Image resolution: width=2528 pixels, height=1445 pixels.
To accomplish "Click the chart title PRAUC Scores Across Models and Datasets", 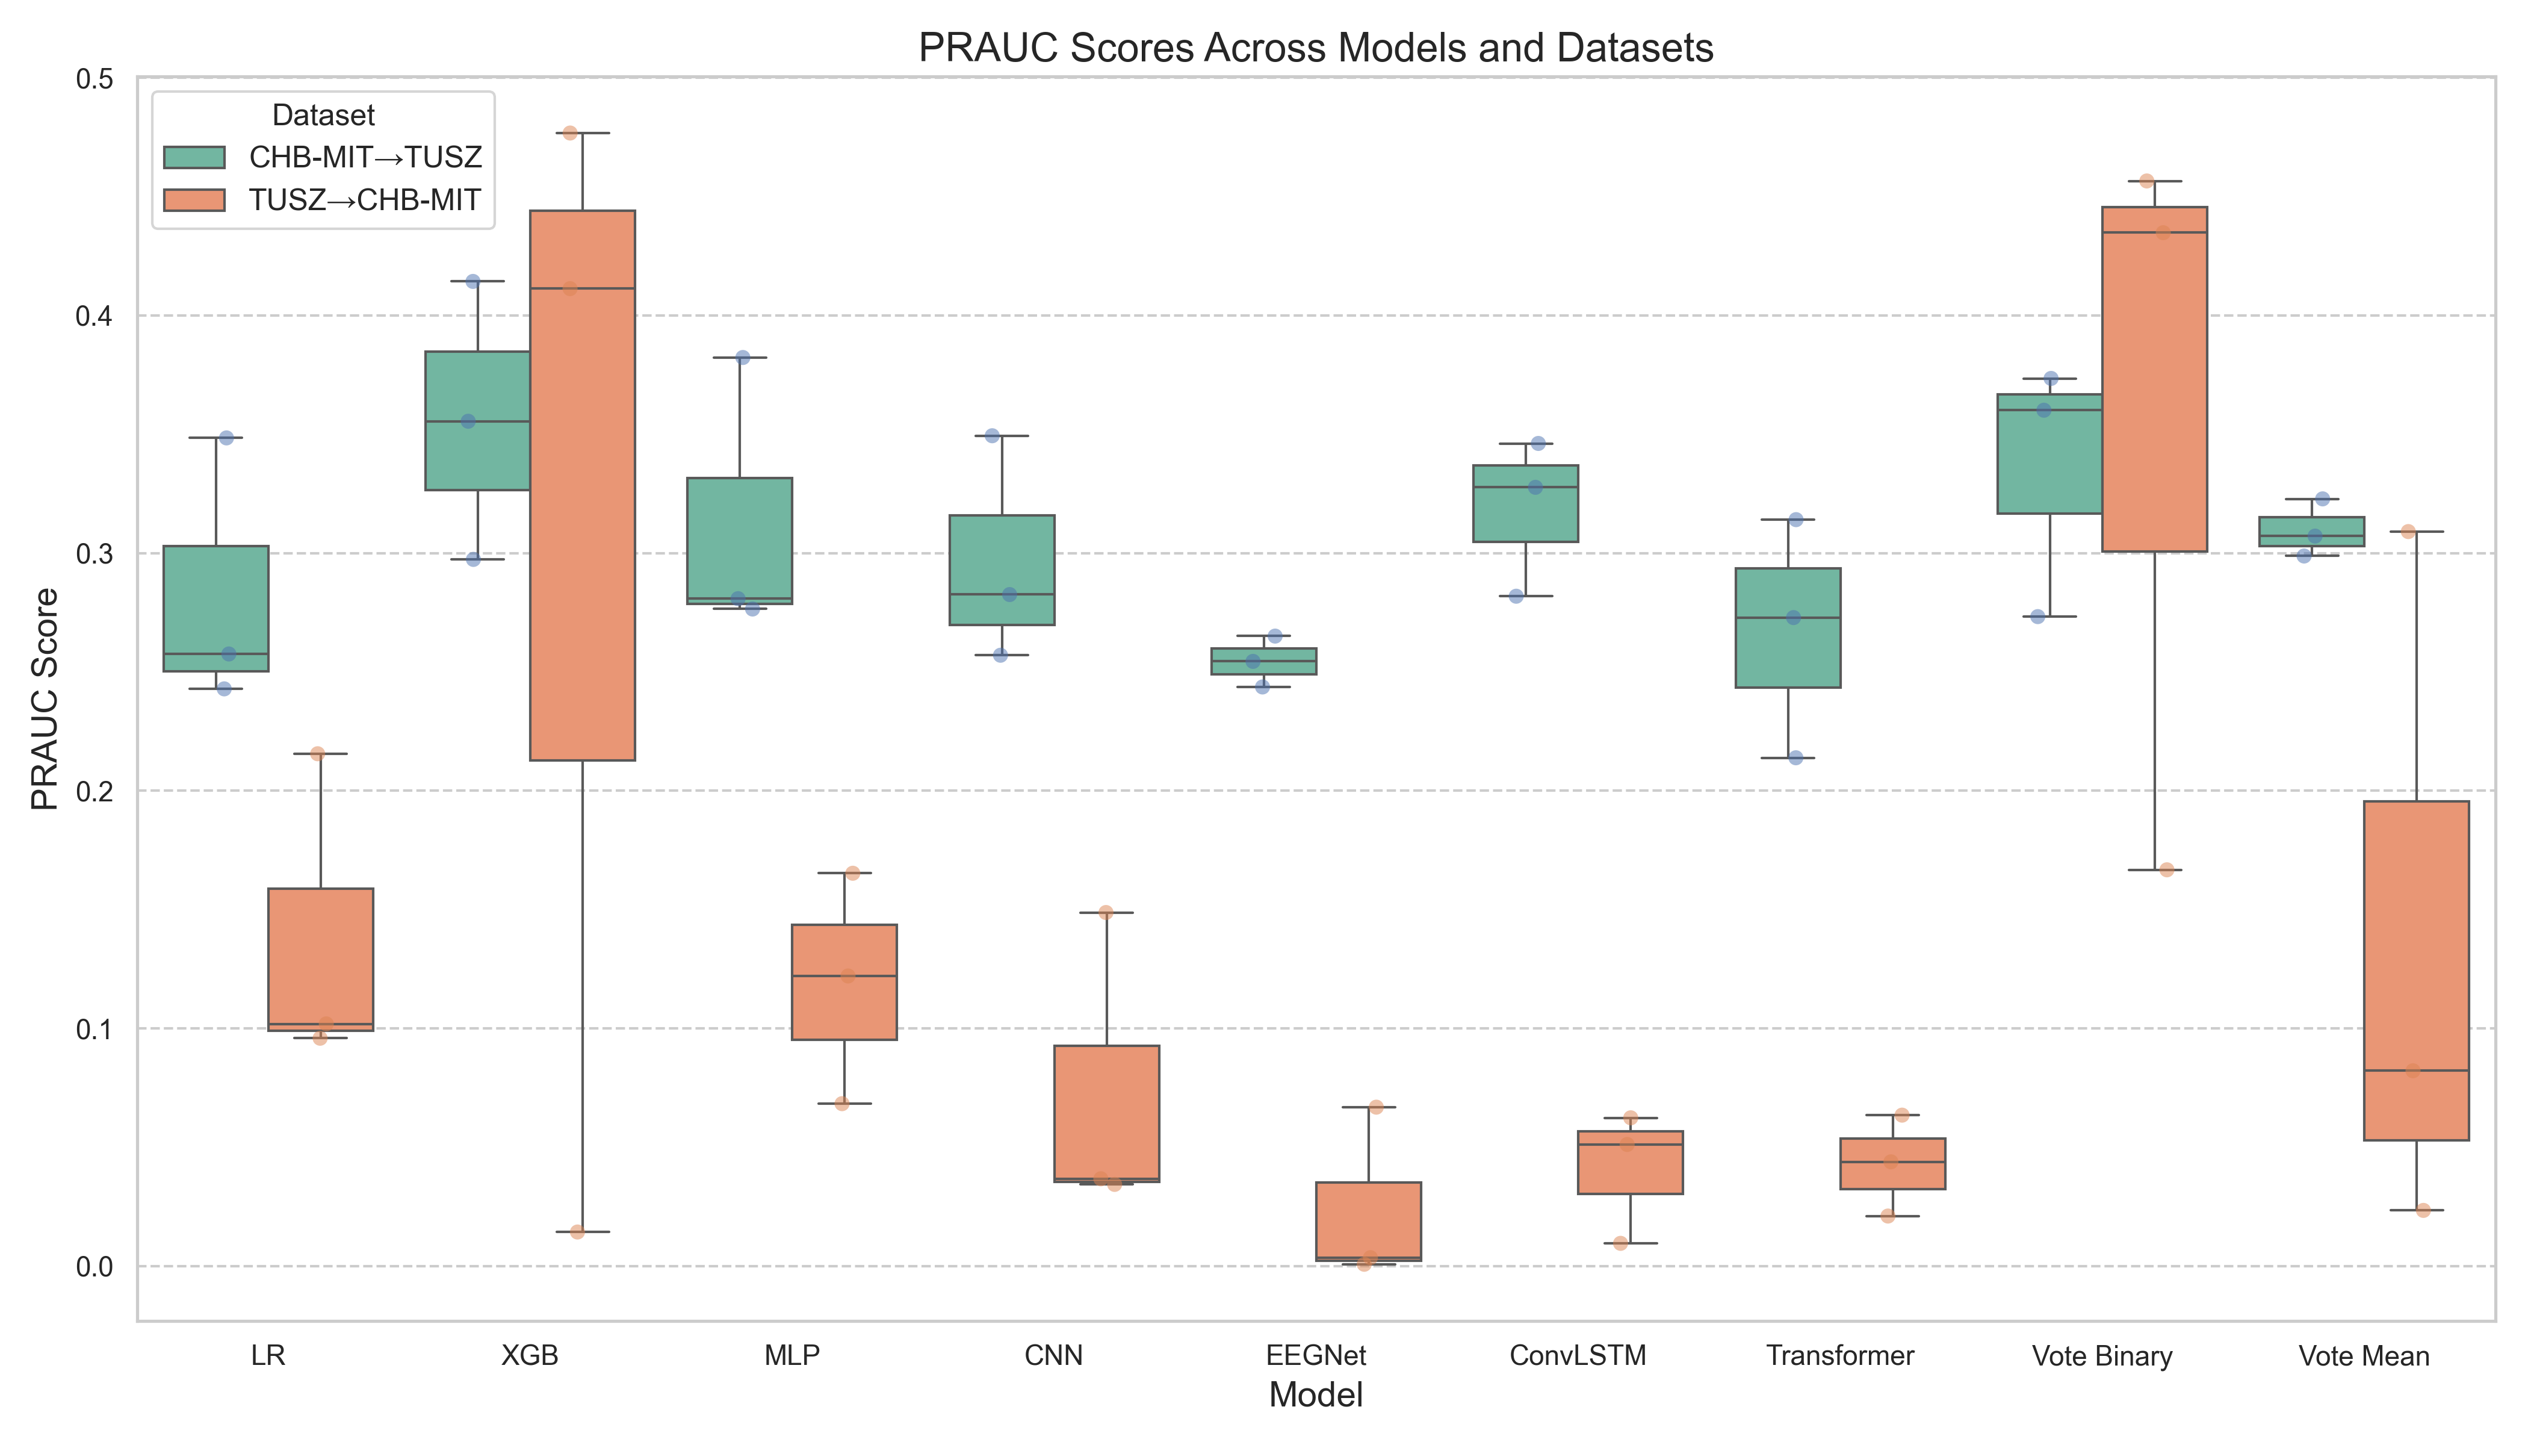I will (x=1316, y=48).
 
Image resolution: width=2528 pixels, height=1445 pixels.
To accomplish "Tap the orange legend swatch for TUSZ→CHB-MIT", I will (x=194, y=199).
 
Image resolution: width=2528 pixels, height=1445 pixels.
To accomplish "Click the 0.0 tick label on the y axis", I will (x=95, y=1266).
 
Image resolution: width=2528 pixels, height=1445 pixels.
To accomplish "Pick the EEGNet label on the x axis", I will (x=1316, y=1356).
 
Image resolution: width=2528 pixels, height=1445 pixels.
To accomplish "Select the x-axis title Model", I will (x=1316, y=1396).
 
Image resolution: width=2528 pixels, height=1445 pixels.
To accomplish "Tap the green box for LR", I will (x=215, y=608).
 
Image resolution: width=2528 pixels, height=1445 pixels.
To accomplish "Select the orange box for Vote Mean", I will (x=2416, y=971).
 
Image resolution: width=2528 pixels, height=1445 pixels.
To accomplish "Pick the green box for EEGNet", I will (x=1263, y=661).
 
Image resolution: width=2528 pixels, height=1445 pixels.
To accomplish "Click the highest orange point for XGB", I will (x=571, y=133).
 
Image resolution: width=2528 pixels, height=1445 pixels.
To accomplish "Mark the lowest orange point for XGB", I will (x=577, y=1232).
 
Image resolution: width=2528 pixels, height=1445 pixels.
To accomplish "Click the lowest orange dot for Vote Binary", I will (x=2167, y=871).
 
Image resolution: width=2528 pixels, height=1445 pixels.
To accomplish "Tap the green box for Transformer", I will (x=1788, y=628).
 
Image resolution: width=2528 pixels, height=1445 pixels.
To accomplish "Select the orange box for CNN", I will (x=1106, y=1113).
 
